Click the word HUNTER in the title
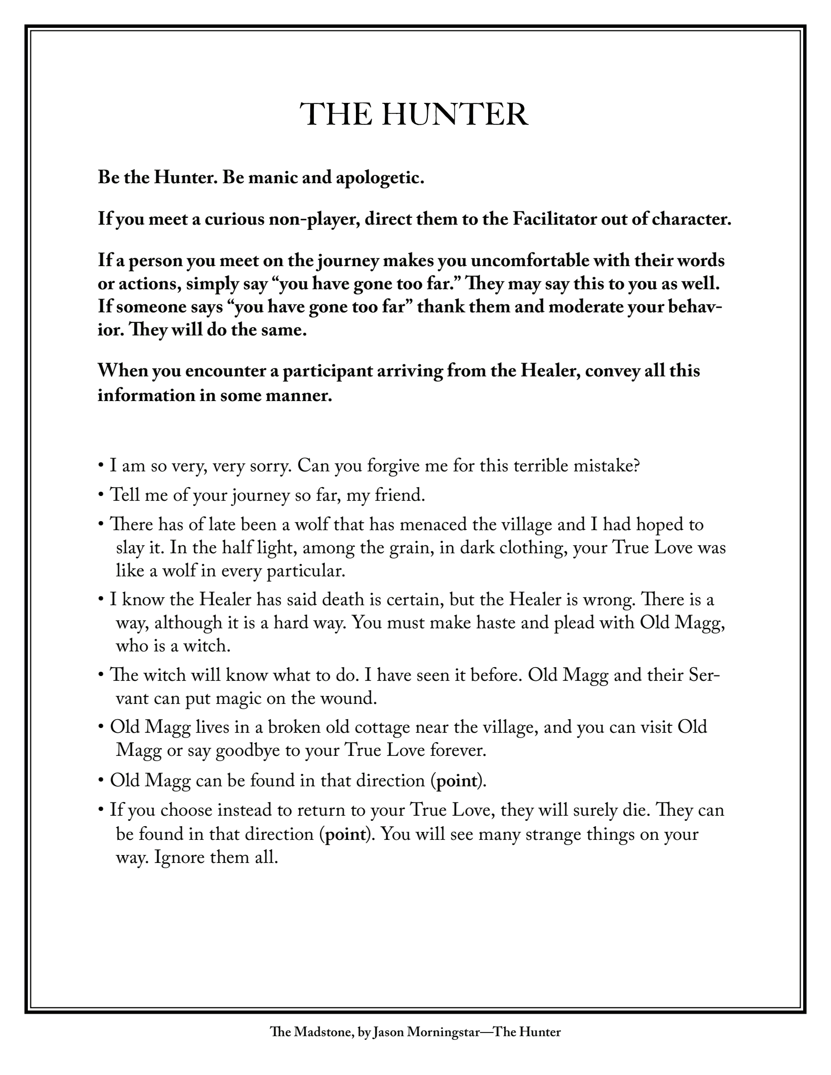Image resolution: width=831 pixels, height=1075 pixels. (x=455, y=114)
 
